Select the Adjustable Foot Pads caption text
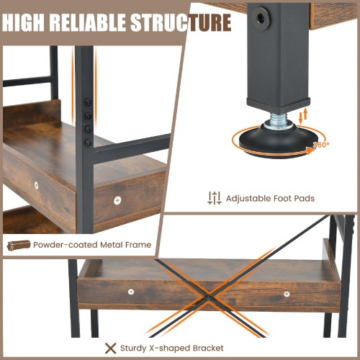click(x=270, y=198)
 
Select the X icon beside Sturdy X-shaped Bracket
click(x=111, y=347)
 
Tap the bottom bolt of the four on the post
click(x=88, y=131)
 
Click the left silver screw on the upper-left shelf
click(x=37, y=185)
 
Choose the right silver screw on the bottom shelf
click(x=287, y=294)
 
